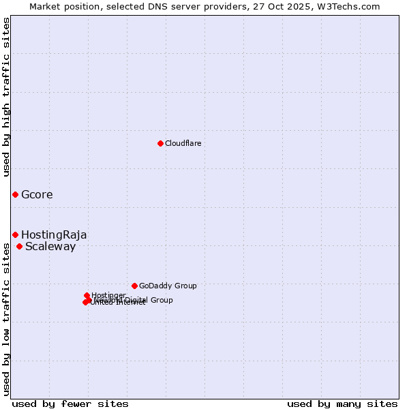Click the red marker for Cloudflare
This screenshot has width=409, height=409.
click(x=160, y=143)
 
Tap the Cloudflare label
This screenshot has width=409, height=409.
click(x=183, y=143)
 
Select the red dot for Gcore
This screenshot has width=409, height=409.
click(x=15, y=194)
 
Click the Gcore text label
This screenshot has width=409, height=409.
click(x=37, y=195)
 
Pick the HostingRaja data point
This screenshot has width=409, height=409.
click(x=15, y=234)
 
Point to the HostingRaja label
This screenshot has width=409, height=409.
click(x=54, y=235)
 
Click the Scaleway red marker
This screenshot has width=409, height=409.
click(x=19, y=246)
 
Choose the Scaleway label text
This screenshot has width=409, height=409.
click(x=50, y=247)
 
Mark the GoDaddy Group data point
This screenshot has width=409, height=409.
click(x=134, y=286)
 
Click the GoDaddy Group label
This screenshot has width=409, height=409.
click(x=168, y=286)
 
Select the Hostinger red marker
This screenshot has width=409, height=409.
click(x=87, y=295)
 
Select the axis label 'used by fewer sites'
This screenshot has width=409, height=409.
click(x=70, y=404)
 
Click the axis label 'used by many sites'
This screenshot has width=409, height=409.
click(x=342, y=404)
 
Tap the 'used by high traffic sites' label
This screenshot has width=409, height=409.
click(x=6, y=97)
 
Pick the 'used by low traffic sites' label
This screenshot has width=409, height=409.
click(x=6, y=318)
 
